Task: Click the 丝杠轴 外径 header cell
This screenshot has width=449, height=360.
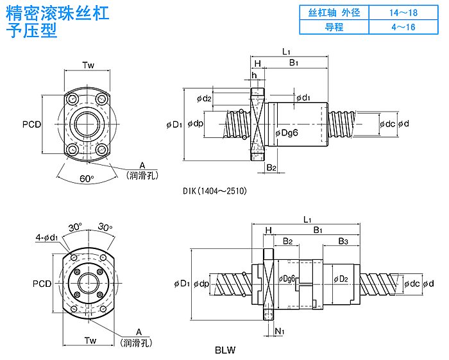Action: point(334,12)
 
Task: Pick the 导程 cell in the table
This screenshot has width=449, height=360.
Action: point(334,27)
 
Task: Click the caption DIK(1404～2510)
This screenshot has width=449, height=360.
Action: point(214,191)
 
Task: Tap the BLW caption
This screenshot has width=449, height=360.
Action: point(226,350)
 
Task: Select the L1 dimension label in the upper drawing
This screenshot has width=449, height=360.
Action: point(286,51)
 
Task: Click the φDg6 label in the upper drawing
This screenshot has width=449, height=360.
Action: point(287,132)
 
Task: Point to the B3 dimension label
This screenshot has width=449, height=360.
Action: point(343,241)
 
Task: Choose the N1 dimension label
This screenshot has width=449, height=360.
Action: point(279,330)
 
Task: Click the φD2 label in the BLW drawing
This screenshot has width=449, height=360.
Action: point(340,279)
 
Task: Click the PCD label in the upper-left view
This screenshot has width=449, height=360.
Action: point(31,124)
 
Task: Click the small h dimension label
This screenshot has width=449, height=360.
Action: point(255,76)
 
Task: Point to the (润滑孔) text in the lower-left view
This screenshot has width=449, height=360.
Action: point(137,343)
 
